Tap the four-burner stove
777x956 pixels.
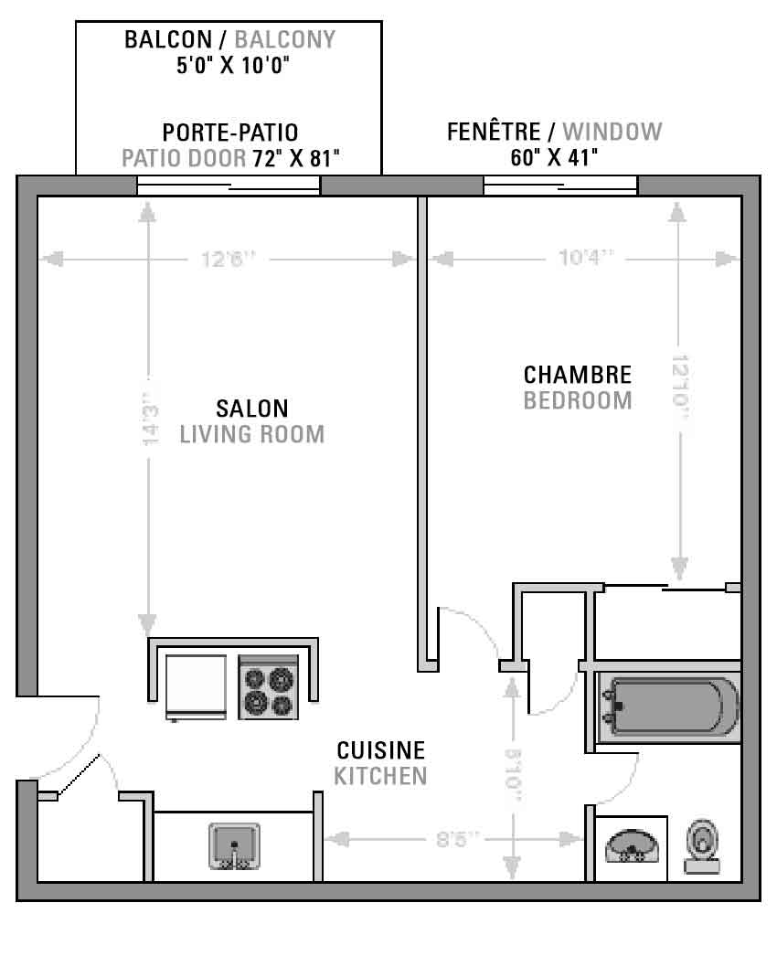click(269, 687)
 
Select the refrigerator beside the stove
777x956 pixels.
click(196, 687)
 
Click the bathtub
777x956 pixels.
click(669, 706)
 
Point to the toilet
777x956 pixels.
click(702, 847)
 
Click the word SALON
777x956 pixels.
click(252, 409)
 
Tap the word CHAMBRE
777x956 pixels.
click(578, 375)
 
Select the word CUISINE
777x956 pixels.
click(380, 750)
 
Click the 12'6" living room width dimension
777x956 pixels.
click(228, 260)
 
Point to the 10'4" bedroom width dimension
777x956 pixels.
click(586, 258)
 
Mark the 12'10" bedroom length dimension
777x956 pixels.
click(680, 388)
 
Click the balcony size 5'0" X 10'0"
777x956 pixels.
click(232, 65)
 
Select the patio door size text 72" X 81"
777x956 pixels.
click(296, 158)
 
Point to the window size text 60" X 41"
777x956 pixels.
click(554, 158)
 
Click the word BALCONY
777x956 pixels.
click(285, 39)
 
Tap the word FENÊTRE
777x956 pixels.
click(494, 131)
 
